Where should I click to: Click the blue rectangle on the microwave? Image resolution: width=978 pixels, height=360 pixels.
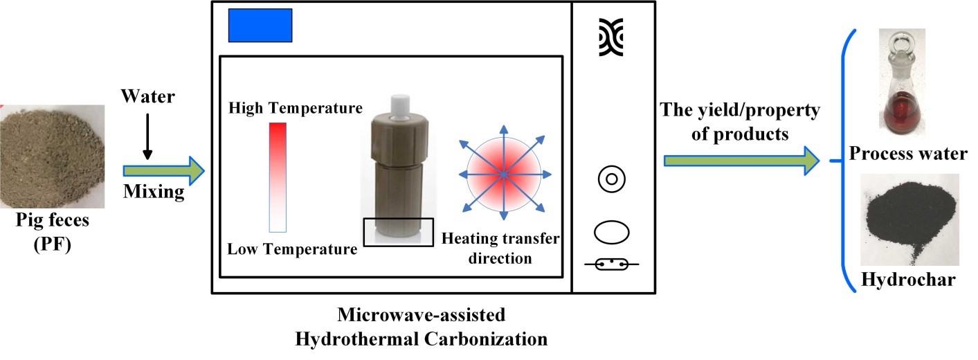click(260, 26)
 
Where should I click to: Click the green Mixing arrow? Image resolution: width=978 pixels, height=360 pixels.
click(163, 169)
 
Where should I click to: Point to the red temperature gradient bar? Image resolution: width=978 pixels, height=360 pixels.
click(278, 177)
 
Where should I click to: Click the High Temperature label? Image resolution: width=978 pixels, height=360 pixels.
click(296, 108)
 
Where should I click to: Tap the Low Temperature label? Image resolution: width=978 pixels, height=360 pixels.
click(293, 249)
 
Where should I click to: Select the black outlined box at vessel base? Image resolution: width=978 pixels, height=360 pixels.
click(399, 231)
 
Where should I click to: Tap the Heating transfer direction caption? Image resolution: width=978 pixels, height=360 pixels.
click(500, 249)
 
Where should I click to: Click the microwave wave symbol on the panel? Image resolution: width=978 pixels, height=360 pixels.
click(611, 37)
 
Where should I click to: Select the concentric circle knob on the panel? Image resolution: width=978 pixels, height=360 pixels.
click(611, 180)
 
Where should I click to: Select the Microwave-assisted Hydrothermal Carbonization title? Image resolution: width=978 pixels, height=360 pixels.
click(422, 327)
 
